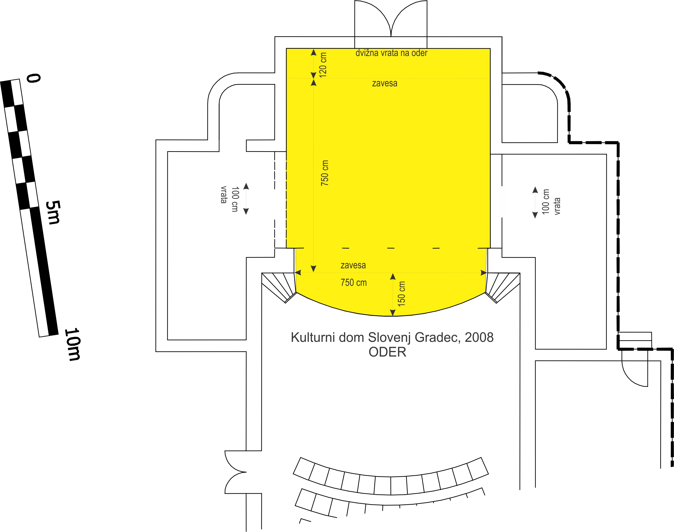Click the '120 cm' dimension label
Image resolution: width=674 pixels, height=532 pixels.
[x=323, y=65]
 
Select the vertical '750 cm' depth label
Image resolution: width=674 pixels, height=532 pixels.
[x=325, y=173]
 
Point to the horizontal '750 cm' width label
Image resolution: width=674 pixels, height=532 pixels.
[x=354, y=283]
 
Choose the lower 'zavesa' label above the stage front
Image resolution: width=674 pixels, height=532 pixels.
[x=353, y=265]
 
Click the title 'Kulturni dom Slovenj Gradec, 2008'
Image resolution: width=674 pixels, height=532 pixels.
[x=392, y=338]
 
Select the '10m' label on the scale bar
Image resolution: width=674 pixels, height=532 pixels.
[x=72, y=344]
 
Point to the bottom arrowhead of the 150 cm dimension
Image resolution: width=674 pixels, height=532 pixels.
[x=393, y=312]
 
